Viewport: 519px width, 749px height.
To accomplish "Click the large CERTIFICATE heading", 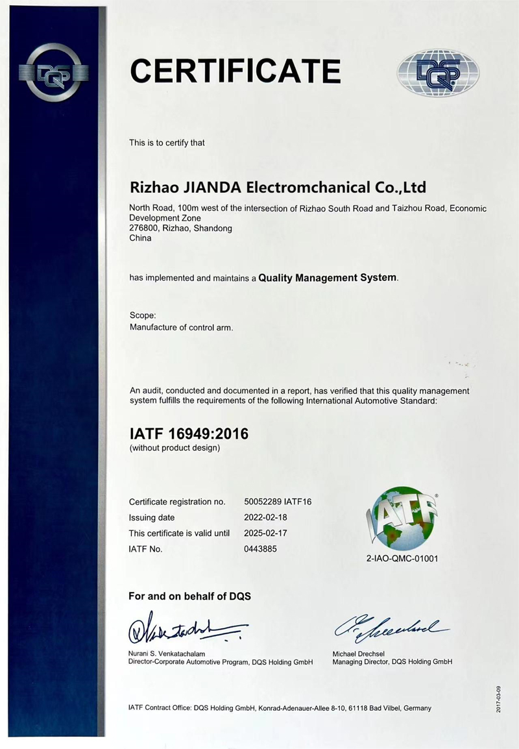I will [x=235, y=69].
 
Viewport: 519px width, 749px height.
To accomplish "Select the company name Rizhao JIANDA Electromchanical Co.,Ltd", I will [x=278, y=188].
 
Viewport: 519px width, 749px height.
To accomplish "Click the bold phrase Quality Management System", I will [x=327, y=278].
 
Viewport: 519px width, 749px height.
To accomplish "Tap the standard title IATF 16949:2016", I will [x=189, y=434].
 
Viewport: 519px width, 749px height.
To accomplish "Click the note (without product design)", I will [x=175, y=448].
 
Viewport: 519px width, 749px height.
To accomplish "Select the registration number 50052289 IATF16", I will [x=278, y=502].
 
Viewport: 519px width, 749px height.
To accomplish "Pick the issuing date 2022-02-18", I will [x=265, y=517].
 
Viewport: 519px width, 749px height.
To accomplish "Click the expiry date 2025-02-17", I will [x=265, y=533].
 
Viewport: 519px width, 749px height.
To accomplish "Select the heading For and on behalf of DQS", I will [x=189, y=596].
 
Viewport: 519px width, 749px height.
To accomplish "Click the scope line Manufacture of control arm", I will [x=181, y=328].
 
